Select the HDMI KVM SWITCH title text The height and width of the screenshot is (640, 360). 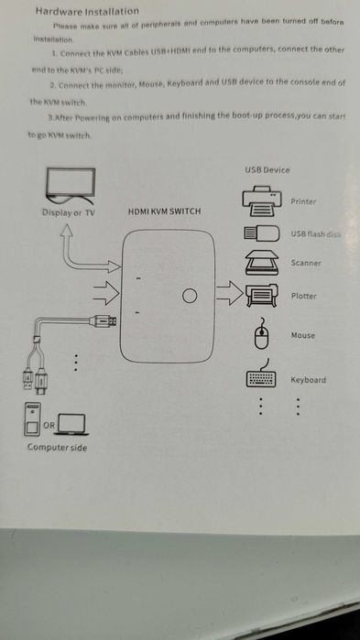pos(164,212)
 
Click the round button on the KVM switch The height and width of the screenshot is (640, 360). pos(191,296)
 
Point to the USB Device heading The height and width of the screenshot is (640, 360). pos(267,170)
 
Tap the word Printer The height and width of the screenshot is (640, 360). pos(303,201)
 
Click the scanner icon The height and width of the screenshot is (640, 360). pos(260,264)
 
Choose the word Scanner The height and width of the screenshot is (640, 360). pos(305,264)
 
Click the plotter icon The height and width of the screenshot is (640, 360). pos(262,296)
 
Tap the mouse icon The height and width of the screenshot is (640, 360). pos(260,336)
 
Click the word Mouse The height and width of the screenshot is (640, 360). pos(302,336)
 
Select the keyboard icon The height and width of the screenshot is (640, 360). pos(261,378)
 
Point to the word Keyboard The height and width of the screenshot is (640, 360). pos(308,379)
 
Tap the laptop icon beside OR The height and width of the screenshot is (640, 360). pos(72,423)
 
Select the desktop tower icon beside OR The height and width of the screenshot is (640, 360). pos(33,421)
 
